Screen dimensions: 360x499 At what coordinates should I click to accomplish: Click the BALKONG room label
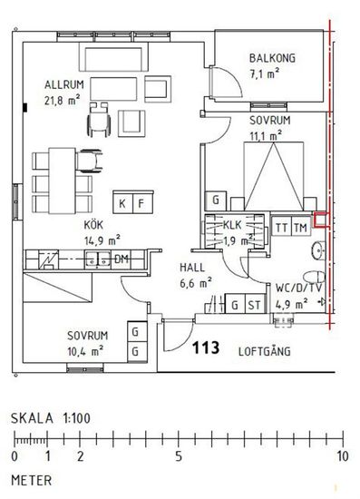(x=272, y=58)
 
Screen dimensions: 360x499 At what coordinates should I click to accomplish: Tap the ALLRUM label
(x=64, y=84)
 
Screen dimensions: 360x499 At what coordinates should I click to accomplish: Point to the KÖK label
(x=93, y=225)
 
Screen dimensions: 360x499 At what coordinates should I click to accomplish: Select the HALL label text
(x=192, y=268)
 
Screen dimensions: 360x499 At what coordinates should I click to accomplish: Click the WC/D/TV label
(x=299, y=288)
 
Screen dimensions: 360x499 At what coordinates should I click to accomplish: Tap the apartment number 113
(x=206, y=347)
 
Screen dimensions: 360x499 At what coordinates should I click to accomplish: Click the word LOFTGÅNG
(x=265, y=351)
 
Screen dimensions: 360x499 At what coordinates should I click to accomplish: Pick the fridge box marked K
(x=122, y=202)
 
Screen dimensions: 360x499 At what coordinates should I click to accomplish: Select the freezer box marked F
(x=142, y=202)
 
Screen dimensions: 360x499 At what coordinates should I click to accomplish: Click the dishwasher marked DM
(x=122, y=259)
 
